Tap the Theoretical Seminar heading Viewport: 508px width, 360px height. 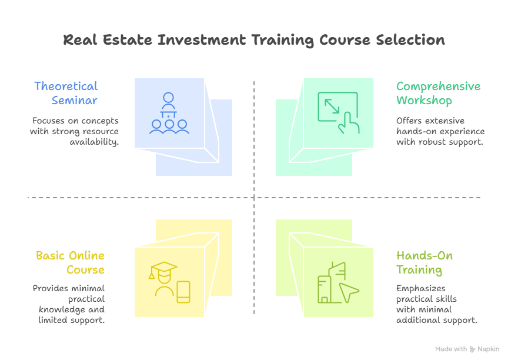point(66,93)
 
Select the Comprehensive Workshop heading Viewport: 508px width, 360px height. point(438,93)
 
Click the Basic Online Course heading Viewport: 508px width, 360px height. point(70,263)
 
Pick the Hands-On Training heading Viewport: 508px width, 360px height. point(425,263)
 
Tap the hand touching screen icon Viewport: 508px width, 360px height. point(338,113)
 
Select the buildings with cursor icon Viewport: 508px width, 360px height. point(337,283)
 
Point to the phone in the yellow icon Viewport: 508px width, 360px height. point(183,292)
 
